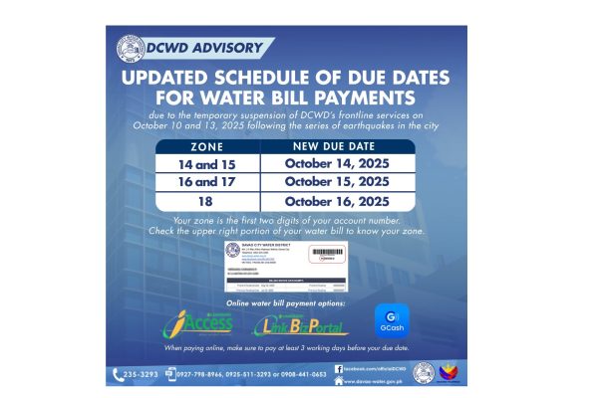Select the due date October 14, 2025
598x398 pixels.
click(x=336, y=162)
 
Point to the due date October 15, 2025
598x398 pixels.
click(x=336, y=181)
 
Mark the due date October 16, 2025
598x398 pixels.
click(x=336, y=201)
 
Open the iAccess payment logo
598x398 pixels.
click(x=198, y=324)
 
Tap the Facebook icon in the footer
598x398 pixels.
click(x=339, y=368)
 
